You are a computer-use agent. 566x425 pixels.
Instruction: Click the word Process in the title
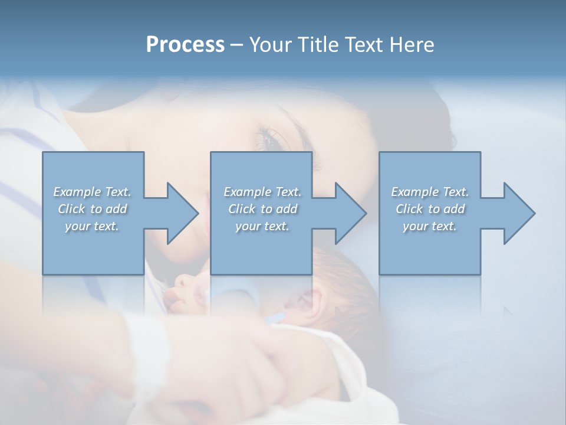click(185, 45)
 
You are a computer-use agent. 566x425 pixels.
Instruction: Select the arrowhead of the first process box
click(180, 213)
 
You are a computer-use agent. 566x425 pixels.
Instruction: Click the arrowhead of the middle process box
click(349, 213)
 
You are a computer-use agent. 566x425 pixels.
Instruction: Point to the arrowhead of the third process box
click(518, 213)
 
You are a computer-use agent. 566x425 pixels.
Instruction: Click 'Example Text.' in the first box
click(92, 192)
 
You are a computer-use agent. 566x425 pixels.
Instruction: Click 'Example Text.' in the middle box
click(262, 192)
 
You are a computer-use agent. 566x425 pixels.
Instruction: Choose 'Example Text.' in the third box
click(430, 192)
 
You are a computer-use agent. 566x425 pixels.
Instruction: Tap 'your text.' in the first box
click(92, 226)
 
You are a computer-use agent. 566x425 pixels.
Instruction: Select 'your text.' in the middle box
click(262, 226)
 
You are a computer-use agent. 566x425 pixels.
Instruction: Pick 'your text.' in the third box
click(430, 226)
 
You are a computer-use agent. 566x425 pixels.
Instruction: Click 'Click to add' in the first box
click(92, 209)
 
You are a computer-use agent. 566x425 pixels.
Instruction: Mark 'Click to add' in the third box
click(430, 209)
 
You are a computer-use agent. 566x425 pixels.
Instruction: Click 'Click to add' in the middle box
click(262, 209)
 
